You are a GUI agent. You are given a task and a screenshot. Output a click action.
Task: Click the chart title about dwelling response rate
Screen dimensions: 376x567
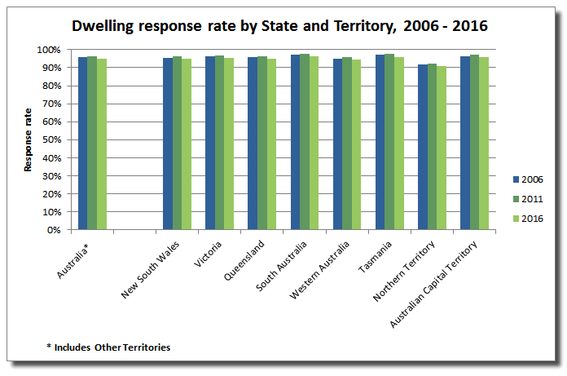279,25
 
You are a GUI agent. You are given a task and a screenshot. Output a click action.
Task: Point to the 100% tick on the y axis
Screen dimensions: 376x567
50,50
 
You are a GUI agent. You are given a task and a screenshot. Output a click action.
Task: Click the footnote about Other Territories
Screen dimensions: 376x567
109,347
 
